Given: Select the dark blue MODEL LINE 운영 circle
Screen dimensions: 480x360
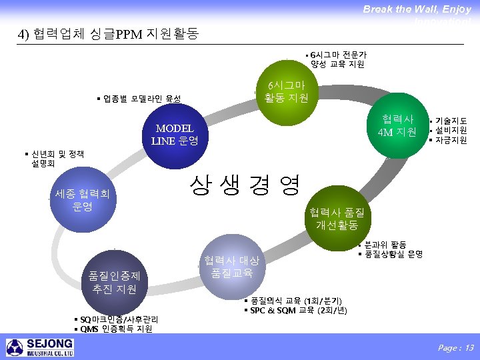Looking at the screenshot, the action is [174, 135].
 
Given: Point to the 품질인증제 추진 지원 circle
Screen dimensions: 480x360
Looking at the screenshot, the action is [109, 281].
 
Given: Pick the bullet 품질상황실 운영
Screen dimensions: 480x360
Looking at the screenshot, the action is [393, 254].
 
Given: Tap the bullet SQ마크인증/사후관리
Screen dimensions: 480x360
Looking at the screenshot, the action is [116, 320].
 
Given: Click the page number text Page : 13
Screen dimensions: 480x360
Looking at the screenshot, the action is [455, 347].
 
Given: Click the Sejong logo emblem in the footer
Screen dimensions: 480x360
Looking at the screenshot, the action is [15, 347].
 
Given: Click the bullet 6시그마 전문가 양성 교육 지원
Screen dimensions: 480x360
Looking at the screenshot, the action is [337, 59].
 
